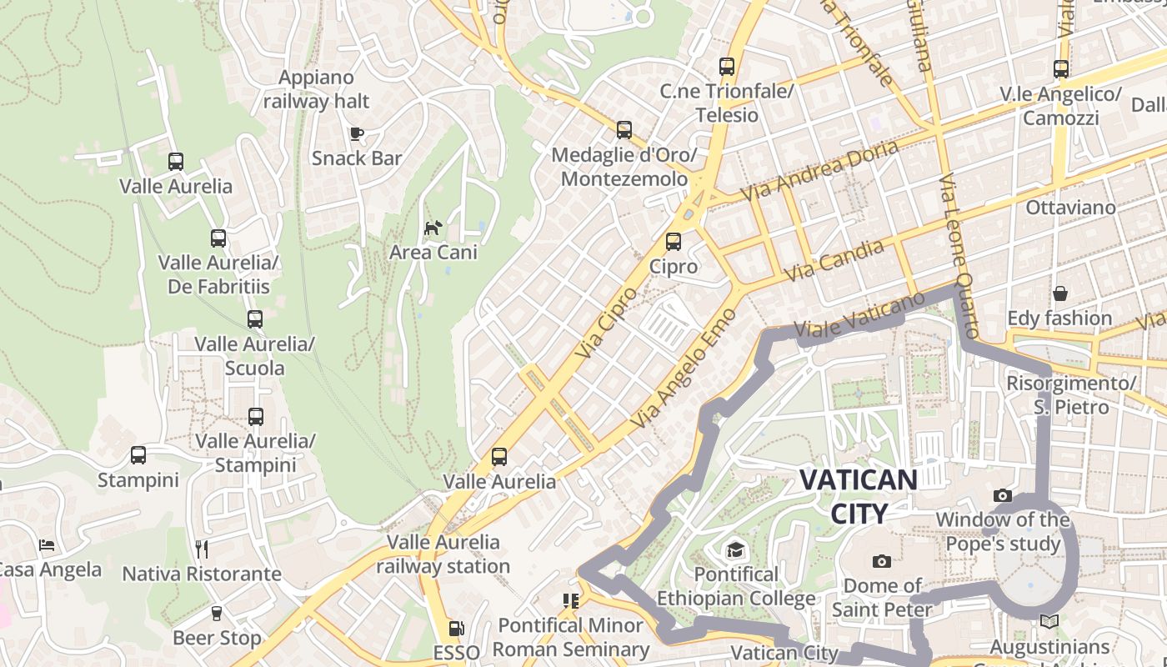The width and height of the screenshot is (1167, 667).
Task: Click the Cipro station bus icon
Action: pos(673,242)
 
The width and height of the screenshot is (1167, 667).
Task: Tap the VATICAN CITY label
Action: pos(859,496)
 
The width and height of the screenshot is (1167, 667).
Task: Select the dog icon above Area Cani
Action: pos(433,228)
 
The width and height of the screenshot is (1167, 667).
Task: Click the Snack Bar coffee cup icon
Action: pos(357,133)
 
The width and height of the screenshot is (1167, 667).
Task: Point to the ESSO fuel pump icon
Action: pos(456,628)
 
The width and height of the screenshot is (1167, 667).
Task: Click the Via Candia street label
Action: pos(834,259)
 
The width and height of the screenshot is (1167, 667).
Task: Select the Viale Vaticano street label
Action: pos(859,314)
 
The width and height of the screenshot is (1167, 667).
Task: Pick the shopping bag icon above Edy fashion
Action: pos(1059,293)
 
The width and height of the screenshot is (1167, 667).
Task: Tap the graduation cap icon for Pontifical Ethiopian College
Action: pos(735,549)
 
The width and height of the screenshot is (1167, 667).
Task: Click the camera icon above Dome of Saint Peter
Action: pos(881,561)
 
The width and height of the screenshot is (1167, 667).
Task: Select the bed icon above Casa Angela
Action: pos(48,545)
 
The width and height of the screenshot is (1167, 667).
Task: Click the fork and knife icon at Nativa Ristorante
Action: pos(201,549)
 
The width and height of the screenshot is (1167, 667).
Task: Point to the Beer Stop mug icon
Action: pos(217,614)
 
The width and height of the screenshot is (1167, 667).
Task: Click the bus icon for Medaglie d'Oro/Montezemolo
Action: pos(624,130)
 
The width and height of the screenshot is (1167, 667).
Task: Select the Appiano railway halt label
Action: pos(317,89)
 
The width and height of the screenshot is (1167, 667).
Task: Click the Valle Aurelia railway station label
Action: pos(443,554)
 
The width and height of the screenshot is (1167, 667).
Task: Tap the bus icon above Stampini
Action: pos(138,455)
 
